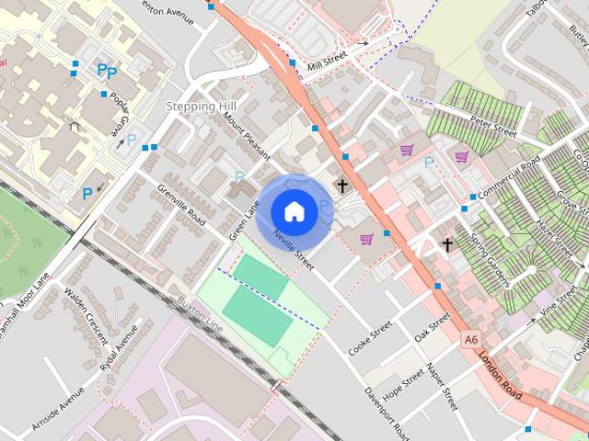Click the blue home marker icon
(294, 211)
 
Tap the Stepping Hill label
(201, 107)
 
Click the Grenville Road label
(181, 204)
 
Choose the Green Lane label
(240, 224)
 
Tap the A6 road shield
(471, 340)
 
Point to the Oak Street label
(432, 326)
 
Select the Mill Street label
(328, 57)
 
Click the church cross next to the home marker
(342, 186)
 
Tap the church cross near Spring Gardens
(447, 244)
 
